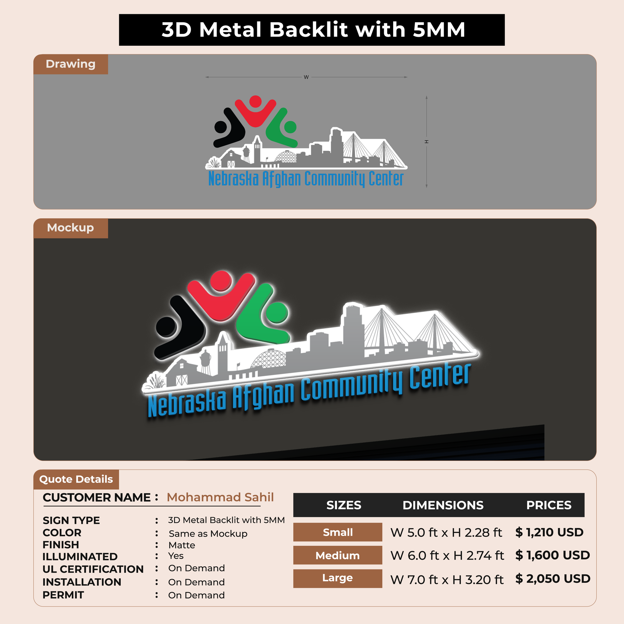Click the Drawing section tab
[x=71, y=64]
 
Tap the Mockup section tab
[x=71, y=228]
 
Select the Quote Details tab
[x=76, y=479]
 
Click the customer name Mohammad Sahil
[x=220, y=497]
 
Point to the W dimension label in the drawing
[x=306, y=77]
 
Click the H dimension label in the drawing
[x=426, y=142]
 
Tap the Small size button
[x=338, y=532]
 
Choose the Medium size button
[x=338, y=555]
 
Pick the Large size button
[x=338, y=578]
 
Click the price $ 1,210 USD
[x=549, y=532]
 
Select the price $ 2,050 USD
[x=553, y=579]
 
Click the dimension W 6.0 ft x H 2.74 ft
[x=447, y=556]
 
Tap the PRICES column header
[x=549, y=505]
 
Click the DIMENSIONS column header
[x=443, y=505]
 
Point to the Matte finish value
[x=182, y=545]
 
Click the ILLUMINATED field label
[x=80, y=557]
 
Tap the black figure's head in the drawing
[x=220, y=127]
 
